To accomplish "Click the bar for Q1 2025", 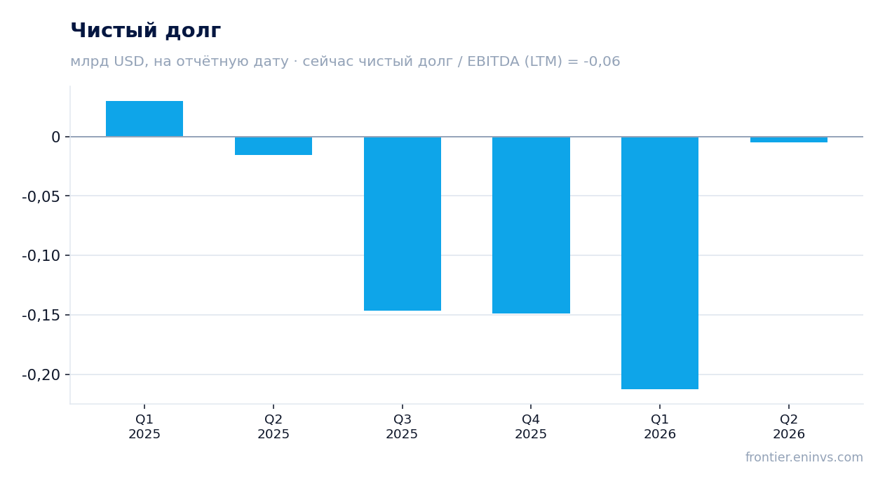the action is [x=144, y=119].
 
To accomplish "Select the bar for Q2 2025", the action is [x=273, y=146].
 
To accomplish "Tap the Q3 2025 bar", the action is [x=403, y=224].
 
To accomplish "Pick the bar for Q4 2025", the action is [x=531, y=225].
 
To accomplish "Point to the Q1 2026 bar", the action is [x=660, y=263].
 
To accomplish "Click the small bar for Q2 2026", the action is [x=789, y=140].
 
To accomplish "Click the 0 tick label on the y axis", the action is [x=55, y=137].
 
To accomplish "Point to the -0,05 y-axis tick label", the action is [x=41, y=196].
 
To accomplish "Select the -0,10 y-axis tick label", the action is [x=41, y=256].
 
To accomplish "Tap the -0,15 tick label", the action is [x=41, y=316].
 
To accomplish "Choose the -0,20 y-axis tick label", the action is [x=41, y=375].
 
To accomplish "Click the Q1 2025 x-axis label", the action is [x=144, y=426].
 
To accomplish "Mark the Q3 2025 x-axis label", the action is [x=402, y=426].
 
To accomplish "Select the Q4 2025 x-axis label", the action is [x=531, y=426].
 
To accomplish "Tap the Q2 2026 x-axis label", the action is [x=789, y=426].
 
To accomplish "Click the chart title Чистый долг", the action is [x=145, y=30].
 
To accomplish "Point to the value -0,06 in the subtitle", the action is [x=602, y=61].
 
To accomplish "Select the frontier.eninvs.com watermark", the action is [x=804, y=457].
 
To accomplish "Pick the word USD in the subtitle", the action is [x=129, y=61].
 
